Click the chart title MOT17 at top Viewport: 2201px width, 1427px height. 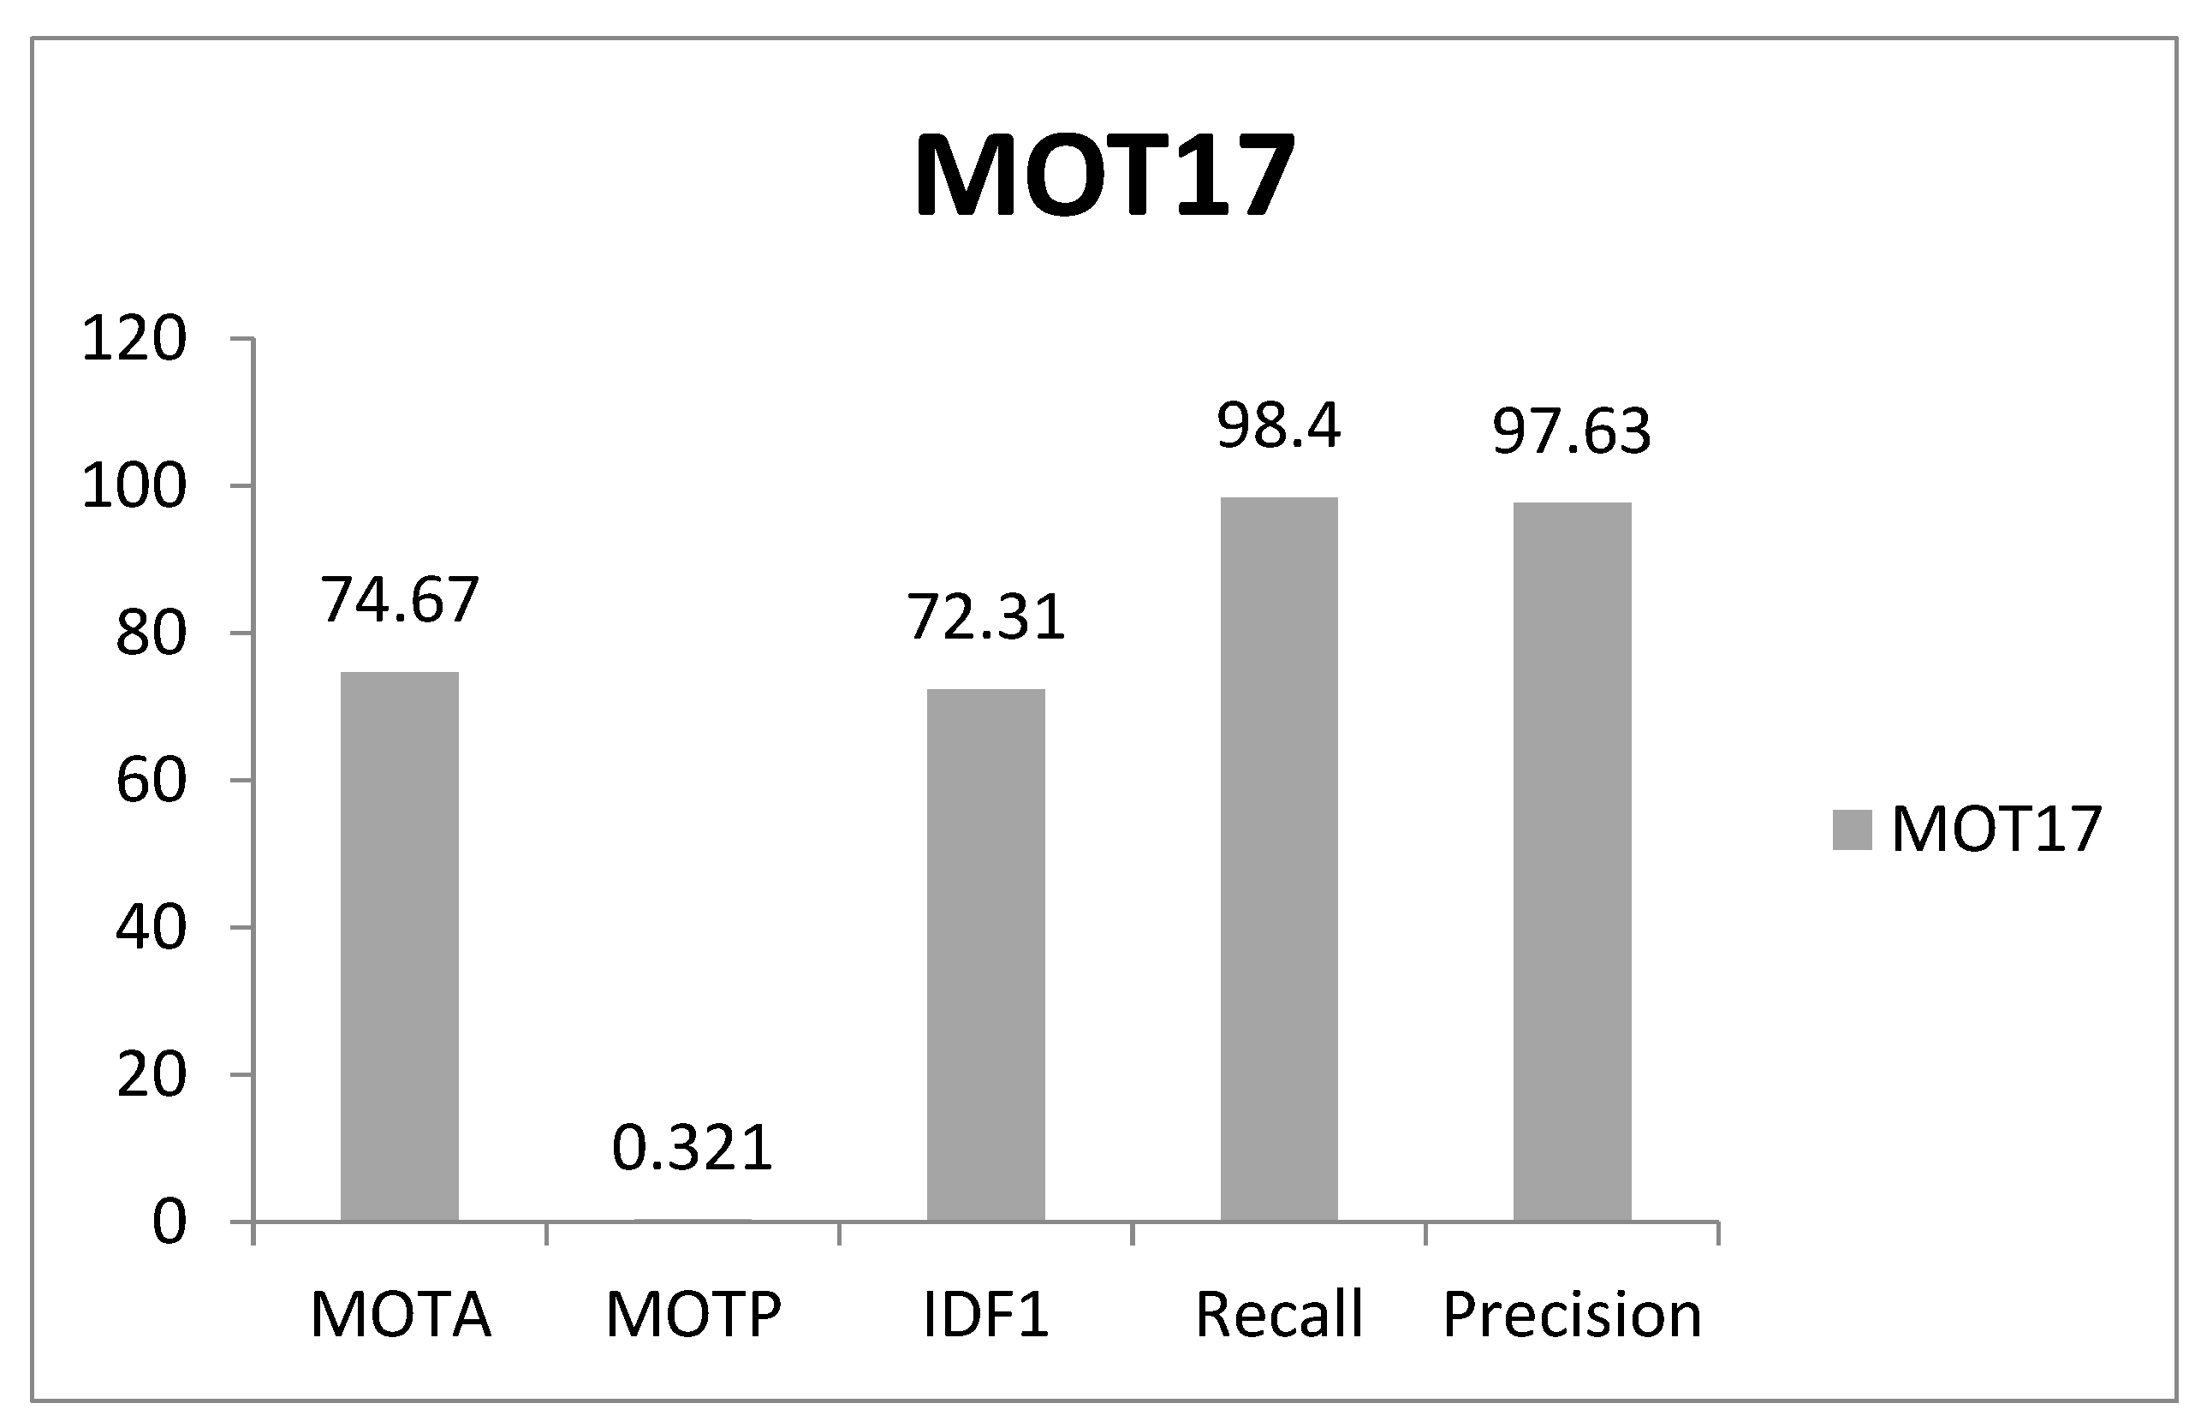1104,175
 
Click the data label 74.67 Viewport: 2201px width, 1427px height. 400,599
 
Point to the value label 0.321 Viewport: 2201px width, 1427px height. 693,1148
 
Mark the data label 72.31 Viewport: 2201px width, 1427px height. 986,617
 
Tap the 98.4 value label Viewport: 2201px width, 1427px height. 1279,425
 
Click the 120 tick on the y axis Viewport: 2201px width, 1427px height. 134,338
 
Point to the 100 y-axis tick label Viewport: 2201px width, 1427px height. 134,486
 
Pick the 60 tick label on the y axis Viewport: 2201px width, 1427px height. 151,781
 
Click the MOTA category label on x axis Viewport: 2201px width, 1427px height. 400,1314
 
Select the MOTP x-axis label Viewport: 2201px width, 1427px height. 693,1314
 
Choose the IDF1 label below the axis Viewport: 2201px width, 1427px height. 986,1314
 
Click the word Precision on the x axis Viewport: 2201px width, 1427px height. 1572,1314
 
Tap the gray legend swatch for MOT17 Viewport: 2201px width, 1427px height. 1852,829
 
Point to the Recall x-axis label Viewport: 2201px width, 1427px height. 1279,1314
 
